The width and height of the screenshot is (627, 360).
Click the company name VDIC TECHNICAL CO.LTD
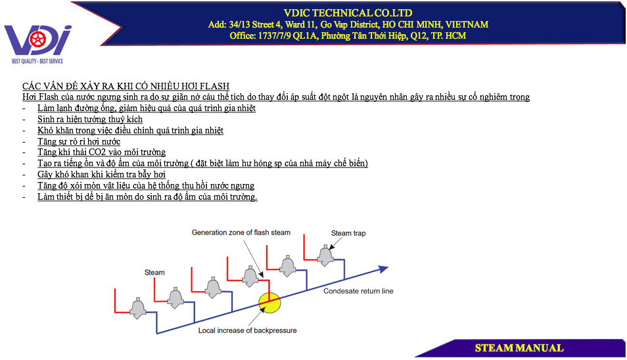click(x=348, y=13)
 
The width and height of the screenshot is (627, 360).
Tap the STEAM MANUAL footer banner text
click(x=519, y=348)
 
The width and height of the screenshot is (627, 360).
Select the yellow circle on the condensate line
click(x=269, y=302)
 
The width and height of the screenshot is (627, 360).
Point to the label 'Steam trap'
click(x=348, y=233)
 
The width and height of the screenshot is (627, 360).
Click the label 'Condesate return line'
click(x=358, y=291)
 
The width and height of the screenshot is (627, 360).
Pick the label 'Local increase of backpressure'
click(x=248, y=330)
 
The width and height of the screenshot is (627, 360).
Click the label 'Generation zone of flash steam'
click(x=241, y=233)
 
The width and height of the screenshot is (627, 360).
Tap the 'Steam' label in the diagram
click(x=154, y=273)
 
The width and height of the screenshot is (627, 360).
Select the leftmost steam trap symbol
click(x=138, y=308)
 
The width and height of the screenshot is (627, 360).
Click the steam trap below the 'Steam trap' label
click(x=325, y=256)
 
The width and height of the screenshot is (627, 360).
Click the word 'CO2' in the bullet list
click(x=97, y=152)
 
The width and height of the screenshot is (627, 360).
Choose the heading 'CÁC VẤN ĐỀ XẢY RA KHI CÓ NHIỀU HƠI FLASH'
click(x=126, y=86)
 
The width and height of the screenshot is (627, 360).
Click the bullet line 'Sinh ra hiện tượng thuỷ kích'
click(x=90, y=120)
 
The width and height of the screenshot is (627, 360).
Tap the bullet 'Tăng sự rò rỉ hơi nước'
click(x=79, y=141)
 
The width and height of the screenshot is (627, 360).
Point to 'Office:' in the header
click(x=243, y=36)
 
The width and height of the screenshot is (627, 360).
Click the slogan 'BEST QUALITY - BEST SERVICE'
click(x=37, y=61)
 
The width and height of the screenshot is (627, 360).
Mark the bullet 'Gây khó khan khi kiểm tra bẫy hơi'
click(x=102, y=175)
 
